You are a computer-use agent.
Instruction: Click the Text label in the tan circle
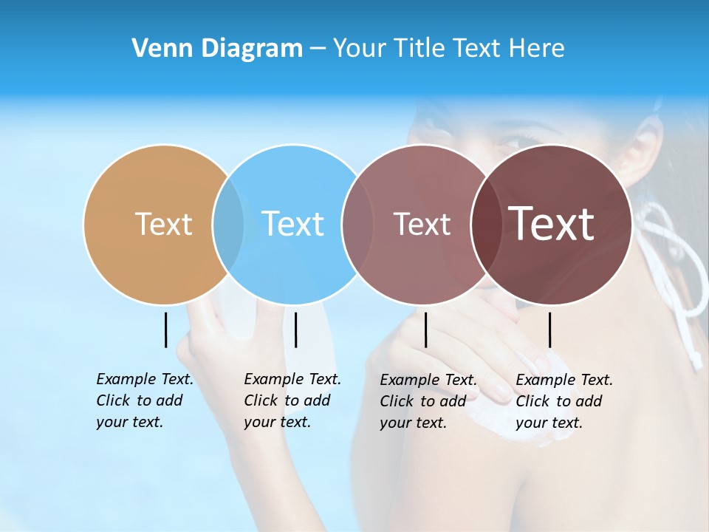click(x=163, y=224)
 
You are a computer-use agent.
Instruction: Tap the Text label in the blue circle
click(x=292, y=224)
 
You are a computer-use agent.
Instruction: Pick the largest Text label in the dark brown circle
click(x=552, y=224)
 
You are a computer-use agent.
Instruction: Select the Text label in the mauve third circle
click(x=422, y=224)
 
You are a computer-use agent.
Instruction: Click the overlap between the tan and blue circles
click(x=228, y=225)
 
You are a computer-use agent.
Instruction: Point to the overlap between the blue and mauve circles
click(x=357, y=225)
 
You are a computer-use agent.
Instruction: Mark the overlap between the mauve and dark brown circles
click(x=486, y=225)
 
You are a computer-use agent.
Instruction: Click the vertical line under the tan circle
click(x=166, y=330)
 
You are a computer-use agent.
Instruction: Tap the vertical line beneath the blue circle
click(x=295, y=330)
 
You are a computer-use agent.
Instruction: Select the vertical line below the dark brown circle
click(x=550, y=330)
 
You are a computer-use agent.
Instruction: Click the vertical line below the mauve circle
click(x=426, y=330)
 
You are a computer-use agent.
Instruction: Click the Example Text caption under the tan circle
click(x=144, y=400)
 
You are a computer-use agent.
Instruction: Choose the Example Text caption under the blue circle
click(x=292, y=400)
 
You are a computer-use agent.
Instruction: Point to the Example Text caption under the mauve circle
click(x=428, y=401)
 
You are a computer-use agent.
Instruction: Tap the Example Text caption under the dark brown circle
click(x=564, y=401)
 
